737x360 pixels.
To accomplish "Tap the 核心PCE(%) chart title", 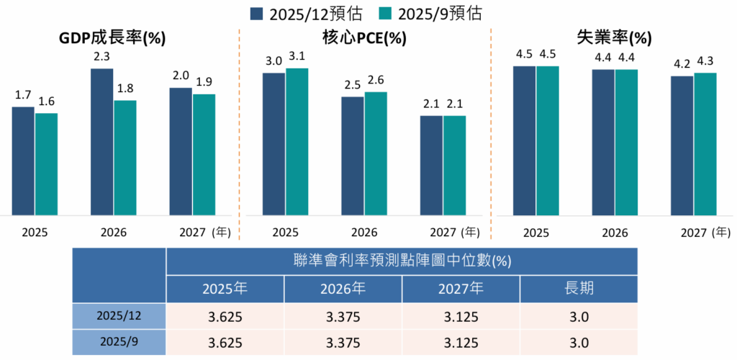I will pos(366,38).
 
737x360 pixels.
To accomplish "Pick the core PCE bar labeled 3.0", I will pos(273,143).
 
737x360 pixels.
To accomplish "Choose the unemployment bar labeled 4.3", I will pos(705,143).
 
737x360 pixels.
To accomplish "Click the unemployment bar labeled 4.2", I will pos(682,145).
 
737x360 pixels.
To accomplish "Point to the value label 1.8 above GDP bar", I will pos(125,89).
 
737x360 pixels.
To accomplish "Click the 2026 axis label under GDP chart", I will pos(114,233).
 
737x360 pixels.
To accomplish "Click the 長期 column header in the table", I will pos(579,289).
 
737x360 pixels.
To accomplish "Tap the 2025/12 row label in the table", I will pos(119,316).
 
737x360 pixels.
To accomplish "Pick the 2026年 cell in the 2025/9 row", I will pos(343,343).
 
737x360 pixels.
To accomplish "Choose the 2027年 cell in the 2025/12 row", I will pos(461,316).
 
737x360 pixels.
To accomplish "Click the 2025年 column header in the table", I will pos(225,289).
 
